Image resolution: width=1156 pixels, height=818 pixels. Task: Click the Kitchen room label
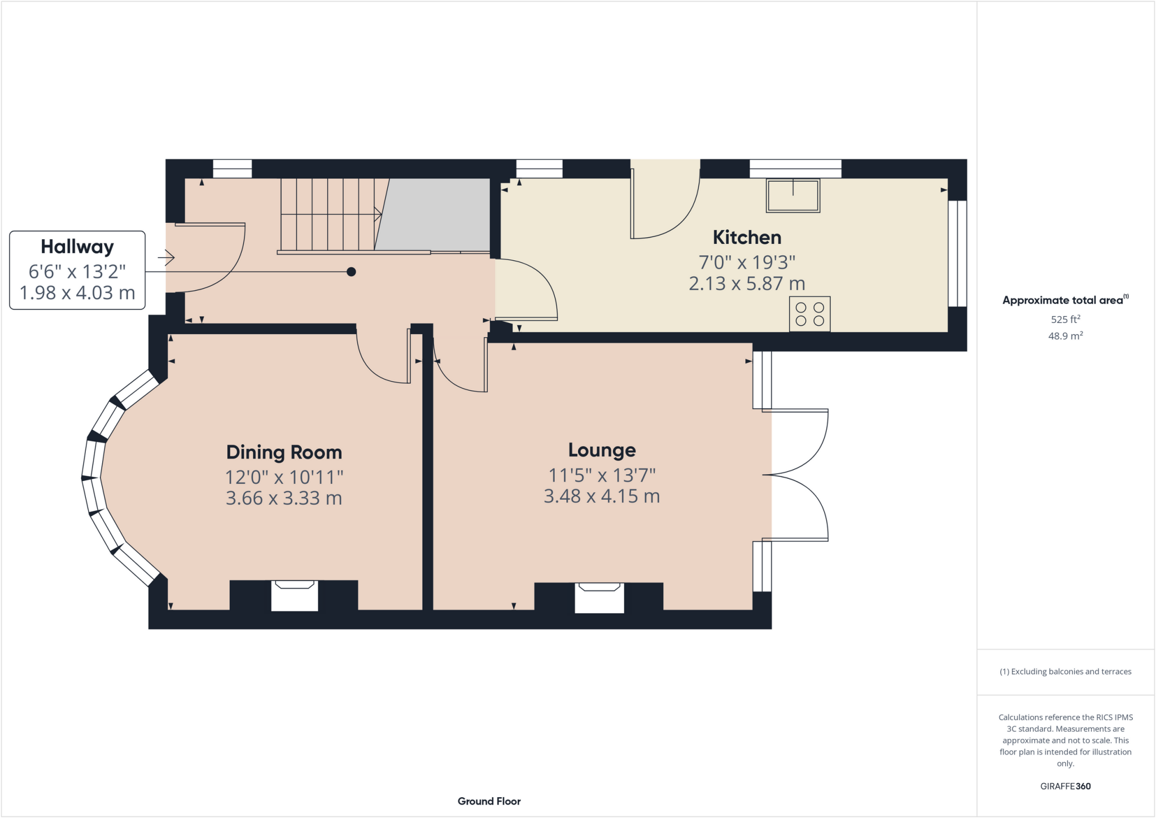pyautogui.click(x=747, y=238)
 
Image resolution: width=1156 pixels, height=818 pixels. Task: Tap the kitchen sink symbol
pyautogui.click(x=792, y=195)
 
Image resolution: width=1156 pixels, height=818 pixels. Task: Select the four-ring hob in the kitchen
pyautogui.click(x=809, y=314)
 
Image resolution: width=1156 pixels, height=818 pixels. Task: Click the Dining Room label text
pyautogui.click(x=284, y=453)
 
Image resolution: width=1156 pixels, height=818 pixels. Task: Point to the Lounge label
pyautogui.click(x=602, y=450)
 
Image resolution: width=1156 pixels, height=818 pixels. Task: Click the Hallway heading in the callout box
pyautogui.click(x=77, y=247)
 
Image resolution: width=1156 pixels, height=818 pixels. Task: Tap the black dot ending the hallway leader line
pyautogui.click(x=351, y=272)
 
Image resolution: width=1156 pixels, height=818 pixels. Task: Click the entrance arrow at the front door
pyautogui.click(x=166, y=258)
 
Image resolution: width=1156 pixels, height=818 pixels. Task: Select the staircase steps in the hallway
pyautogui.click(x=327, y=215)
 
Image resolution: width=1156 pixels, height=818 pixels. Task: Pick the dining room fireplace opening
pyautogui.click(x=294, y=596)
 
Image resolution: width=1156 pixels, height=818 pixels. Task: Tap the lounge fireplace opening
pyautogui.click(x=599, y=598)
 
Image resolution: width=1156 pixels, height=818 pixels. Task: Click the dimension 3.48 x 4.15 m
pyautogui.click(x=602, y=497)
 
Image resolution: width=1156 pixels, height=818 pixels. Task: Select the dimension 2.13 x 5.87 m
pyautogui.click(x=747, y=284)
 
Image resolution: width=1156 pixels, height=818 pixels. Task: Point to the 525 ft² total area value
pyautogui.click(x=1065, y=320)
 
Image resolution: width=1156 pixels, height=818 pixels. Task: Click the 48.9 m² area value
pyautogui.click(x=1065, y=336)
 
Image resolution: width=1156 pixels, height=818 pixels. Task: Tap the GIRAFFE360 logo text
pyautogui.click(x=1065, y=786)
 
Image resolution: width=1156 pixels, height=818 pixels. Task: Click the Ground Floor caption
pyautogui.click(x=489, y=802)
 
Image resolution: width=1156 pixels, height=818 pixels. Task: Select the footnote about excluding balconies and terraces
pyautogui.click(x=1065, y=672)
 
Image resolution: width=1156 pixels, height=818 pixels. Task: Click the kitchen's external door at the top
pyautogui.click(x=665, y=200)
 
